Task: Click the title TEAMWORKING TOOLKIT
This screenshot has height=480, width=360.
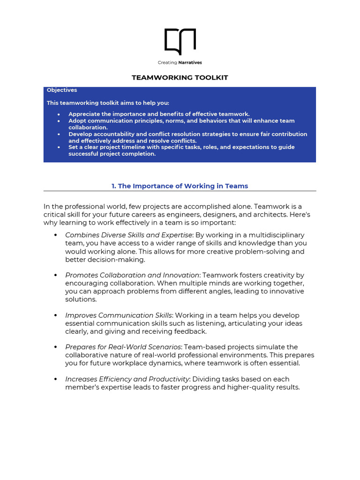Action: [x=180, y=77]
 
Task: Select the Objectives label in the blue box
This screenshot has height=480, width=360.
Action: [x=62, y=90]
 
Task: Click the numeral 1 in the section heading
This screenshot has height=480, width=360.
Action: [x=113, y=186]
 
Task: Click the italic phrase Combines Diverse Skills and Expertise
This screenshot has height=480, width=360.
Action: [x=128, y=235]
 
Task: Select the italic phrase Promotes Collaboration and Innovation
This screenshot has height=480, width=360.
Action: [x=132, y=275]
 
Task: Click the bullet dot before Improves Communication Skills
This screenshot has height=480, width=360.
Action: [x=55, y=315]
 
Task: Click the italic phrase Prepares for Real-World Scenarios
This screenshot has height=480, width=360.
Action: [x=123, y=347]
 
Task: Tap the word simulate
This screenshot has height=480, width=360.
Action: [x=270, y=347]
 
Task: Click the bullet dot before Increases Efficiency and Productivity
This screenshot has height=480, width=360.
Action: [x=55, y=379]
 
